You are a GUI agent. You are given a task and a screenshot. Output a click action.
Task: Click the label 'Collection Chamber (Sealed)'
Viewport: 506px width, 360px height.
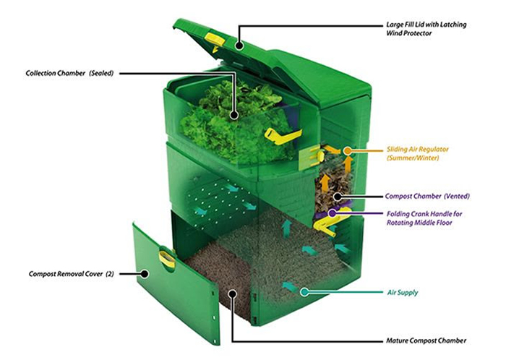68,73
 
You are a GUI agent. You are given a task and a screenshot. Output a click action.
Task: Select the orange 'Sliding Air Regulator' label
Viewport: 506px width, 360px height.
408,148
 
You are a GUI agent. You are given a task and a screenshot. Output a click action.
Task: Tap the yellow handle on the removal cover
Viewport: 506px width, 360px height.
166,258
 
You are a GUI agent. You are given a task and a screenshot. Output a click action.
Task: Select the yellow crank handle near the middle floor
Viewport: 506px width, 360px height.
329,220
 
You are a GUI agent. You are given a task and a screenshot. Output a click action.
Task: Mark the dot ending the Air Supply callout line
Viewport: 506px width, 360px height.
304,292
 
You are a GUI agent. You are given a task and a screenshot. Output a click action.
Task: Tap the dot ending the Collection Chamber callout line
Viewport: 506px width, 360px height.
233,114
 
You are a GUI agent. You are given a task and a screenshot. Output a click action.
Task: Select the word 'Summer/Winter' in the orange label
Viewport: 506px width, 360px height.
414,158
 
